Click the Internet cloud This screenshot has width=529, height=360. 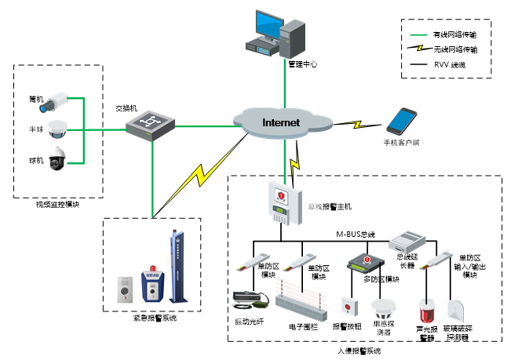(x=280, y=122)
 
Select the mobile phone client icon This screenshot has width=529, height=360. (x=402, y=122)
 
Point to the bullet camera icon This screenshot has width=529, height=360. (x=57, y=100)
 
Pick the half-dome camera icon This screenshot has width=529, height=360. (x=57, y=129)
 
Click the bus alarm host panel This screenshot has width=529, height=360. (x=280, y=203)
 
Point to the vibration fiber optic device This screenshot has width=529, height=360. (x=251, y=299)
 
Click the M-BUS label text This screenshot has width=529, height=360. (x=351, y=234)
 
